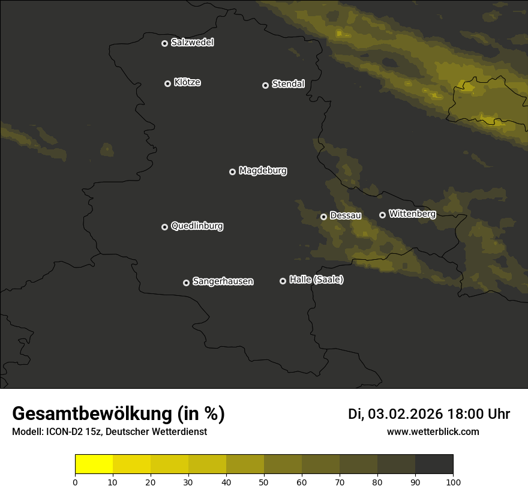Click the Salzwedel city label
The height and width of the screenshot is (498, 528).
pyautogui.click(x=192, y=43)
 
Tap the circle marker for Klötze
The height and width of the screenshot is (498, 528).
pyautogui.click(x=167, y=83)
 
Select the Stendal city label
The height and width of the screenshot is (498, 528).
pyautogui.click(x=288, y=84)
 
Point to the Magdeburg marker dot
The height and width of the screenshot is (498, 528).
pyautogui.click(x=232, y=172)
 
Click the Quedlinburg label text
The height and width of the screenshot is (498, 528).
pyautogui.click(x=197, y=226)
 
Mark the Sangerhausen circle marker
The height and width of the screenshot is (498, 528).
pyautogui.click(x=186, y=283)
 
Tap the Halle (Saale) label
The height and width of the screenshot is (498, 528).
pyautogui.click(x=316, y=280)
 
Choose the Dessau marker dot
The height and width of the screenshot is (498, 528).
pyautogui.click(x=323, y=217)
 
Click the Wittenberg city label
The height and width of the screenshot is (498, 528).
pyautogui.click(x=412, y=214)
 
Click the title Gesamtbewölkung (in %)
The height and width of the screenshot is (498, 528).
pyautogui.click(x=118, y=414)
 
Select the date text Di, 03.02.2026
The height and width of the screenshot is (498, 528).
pyautogui.click(x=395, y=414)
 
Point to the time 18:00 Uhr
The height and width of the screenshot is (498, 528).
pyautogui.click(x=479, y=414)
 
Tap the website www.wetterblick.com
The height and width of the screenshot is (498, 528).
pyautogui.click(x=433, y=431)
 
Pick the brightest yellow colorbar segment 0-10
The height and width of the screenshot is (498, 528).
pyautogui.click(x=94, y=464)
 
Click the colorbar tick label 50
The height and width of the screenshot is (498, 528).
pyautogui.click(x=264, y=482)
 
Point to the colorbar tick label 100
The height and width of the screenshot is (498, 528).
pyautogui.click(x=453, y=482)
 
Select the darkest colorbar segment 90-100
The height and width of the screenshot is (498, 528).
pyautogui.click(x=434, y=464)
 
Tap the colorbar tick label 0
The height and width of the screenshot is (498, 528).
pyautogui.click(x=75, y=482)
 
